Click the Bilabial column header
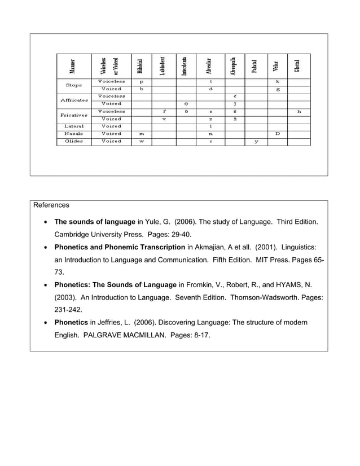(x=141, y=66)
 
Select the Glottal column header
(x=297, y=66)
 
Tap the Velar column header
(x=276, y=66)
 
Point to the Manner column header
(x=73, y=66)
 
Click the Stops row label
(x=73, y=85)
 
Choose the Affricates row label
(x=73, y=100)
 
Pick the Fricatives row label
(x=73, y=115)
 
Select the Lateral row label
(x=73, y=126)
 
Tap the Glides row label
(x=73, y=141)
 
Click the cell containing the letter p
(x=141, y=82)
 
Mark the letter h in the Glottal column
(x=298, y=112)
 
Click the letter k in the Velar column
(x=277, y=82)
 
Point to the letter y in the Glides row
(x=256, y=141)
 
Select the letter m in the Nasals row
(x=141, y=134)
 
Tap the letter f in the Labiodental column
(x=164, y=112)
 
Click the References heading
(x=51, y=205)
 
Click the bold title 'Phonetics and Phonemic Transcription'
(x=119, y=247)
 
